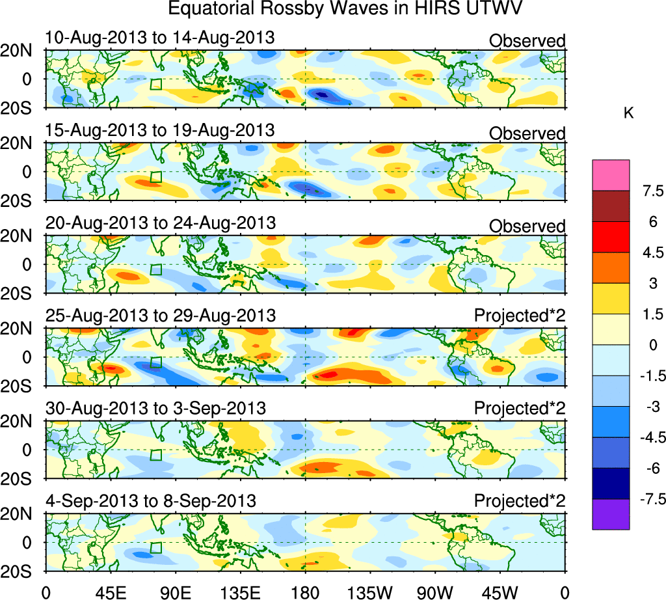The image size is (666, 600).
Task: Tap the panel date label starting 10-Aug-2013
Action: (160, 38)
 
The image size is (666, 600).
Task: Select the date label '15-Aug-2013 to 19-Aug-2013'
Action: (160, 130)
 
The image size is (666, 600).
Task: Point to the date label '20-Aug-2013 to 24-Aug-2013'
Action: (161, 223)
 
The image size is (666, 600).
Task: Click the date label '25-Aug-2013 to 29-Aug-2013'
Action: (161, 316)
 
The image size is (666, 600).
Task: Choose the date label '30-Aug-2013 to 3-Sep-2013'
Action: (155, 409)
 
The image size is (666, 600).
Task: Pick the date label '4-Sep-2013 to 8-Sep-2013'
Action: (150, 501)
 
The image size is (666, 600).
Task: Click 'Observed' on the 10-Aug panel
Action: (527, 41)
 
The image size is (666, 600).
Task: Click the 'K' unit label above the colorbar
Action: (628, 113)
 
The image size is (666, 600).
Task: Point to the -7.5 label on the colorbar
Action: (648, 499)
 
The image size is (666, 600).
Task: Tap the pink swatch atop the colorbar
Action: (611, 175)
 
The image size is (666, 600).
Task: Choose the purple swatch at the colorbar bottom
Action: (611, 514)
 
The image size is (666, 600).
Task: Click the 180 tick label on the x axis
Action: (305, 592)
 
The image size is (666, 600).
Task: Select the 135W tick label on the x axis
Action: (369, 592)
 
